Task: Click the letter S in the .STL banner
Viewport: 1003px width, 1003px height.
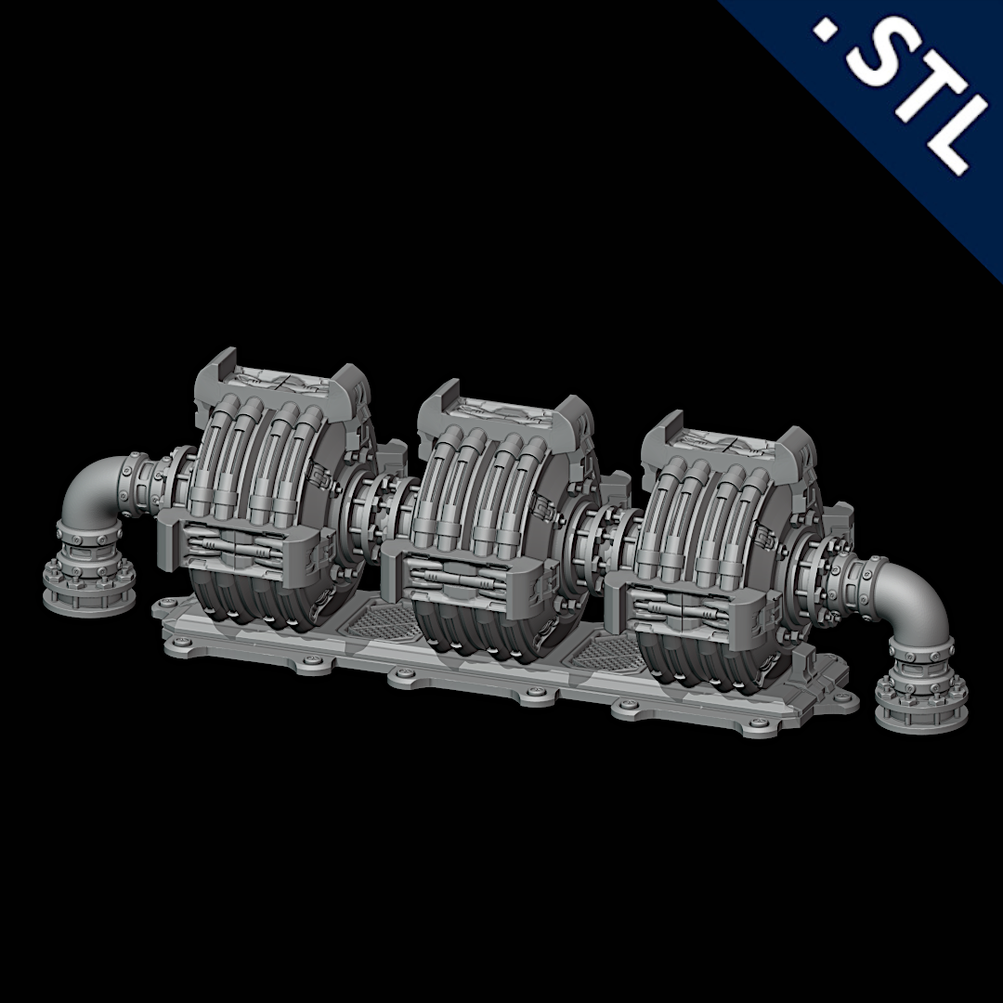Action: tap(879, 58)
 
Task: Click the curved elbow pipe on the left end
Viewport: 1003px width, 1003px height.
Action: tap(89, 488)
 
